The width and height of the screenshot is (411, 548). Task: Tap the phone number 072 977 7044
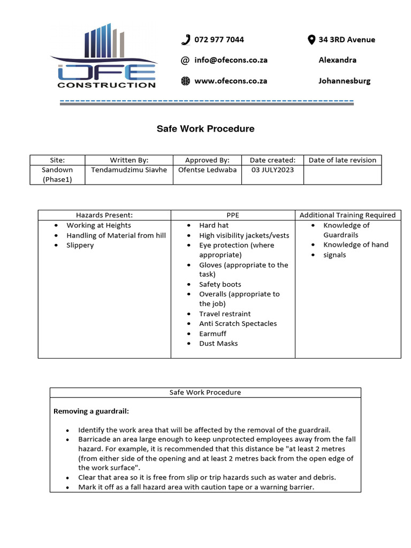pyautogui.click(x=219, y=40)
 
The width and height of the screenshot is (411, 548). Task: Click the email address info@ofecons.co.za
pyautogui.click(x=231, y=60)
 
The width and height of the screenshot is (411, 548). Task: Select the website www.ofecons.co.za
pyautogui.click(x=231, y=81)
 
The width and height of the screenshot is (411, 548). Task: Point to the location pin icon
pyautogui.click(x=311, y=40)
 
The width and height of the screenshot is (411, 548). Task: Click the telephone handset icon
pyautogui.click(x=186, y=40)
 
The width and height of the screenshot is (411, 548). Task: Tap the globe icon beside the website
pyautogui.click(x=186, y=81)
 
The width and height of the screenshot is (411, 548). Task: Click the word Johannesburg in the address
pyautogui.click(x=344, y=81)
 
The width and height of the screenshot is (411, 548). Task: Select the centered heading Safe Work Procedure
pyautogui.click(x=205, y=129)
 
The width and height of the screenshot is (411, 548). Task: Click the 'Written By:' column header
pyautogui.click(x=129, y=160)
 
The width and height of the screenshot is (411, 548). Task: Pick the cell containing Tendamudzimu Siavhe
pyautogui.click(x=129, y=170)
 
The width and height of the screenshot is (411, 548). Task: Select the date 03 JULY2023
pyautogui.click(x=272, y=170)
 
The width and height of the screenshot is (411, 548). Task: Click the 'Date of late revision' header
pyautogui.click(x=342, y=160)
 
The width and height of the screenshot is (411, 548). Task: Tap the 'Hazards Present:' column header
pyautogui.click(x=104, y=215)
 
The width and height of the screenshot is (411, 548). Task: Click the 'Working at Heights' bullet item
pyautogui.click(x=98, y=225)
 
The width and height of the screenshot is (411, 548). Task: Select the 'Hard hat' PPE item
pyautogui.click(x=214, y=225)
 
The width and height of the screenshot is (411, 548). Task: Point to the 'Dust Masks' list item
pyautogui.click(x=218, y=344)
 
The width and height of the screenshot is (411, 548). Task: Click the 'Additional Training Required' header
pyautogui.click(x=347, y=215)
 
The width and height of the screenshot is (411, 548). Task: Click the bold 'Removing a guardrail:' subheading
pyautogui.click(x=91, y=412)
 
